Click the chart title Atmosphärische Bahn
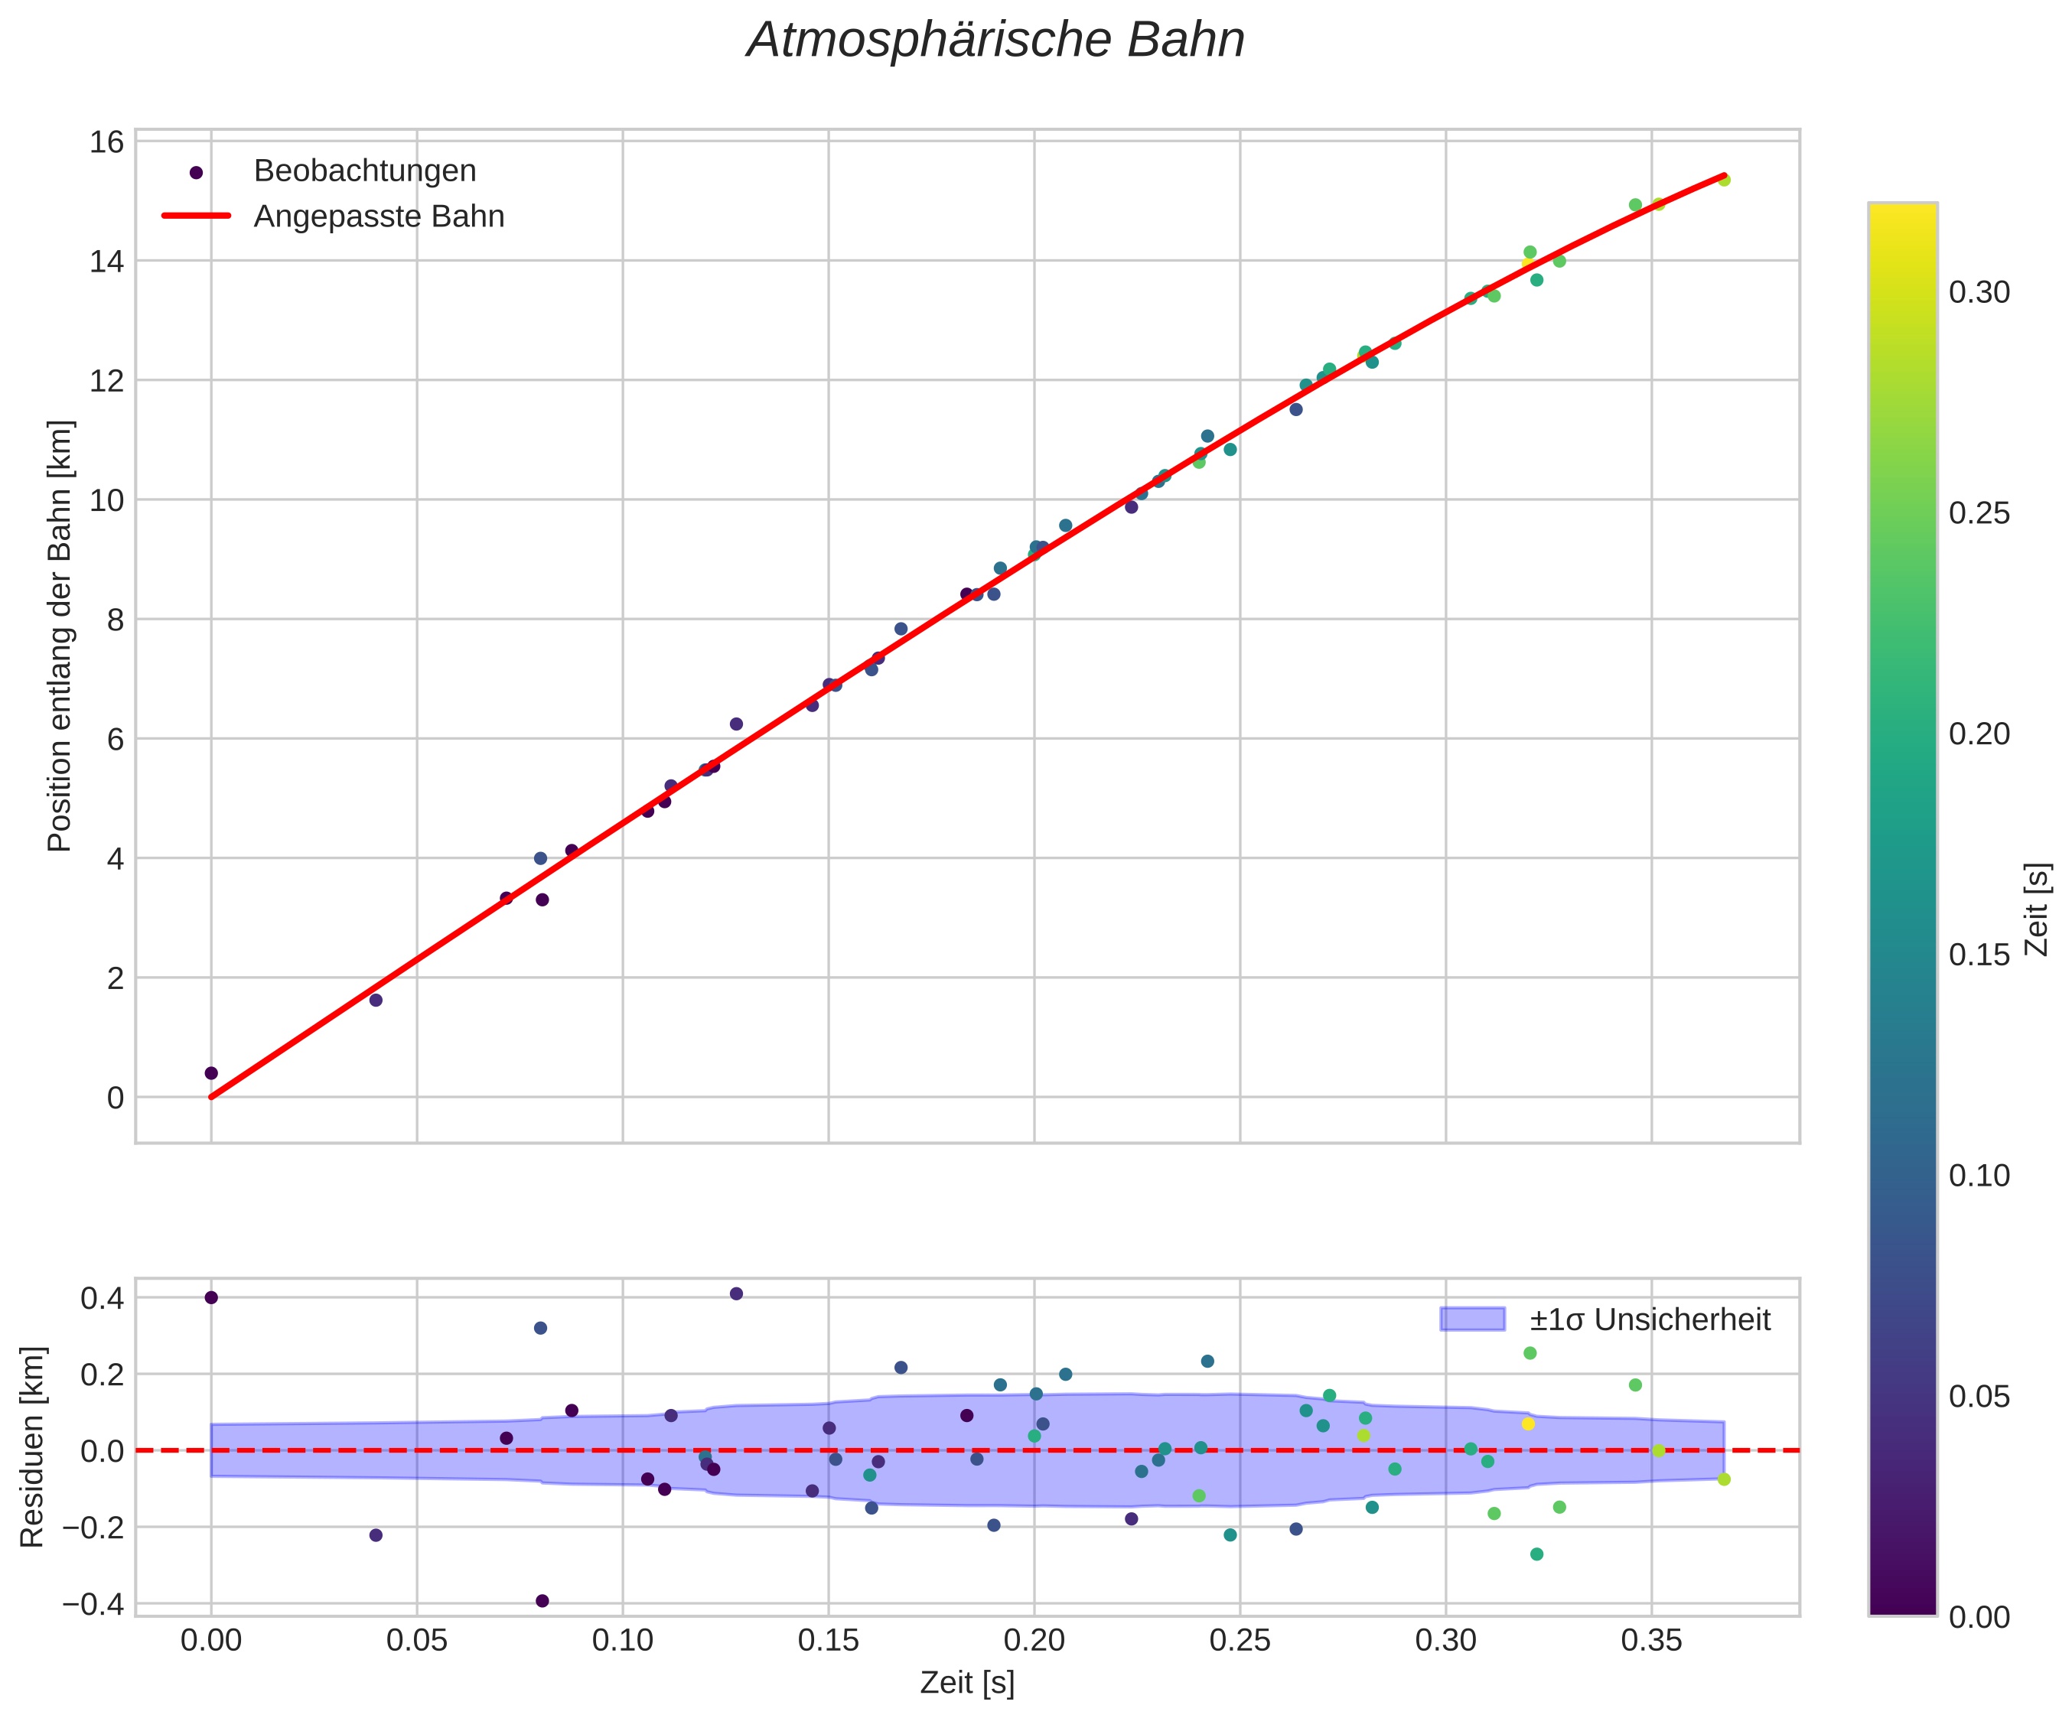tap(995, 41)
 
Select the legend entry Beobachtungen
tap(364, 171)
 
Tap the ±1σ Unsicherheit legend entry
tap(1650, 1319)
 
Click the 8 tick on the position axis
tap(115, 620)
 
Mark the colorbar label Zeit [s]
tap(2037, 909)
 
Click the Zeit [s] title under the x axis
tap(967, 1684)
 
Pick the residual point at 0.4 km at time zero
tap(211, 1297)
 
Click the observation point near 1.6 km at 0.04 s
tap(376, 1000)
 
